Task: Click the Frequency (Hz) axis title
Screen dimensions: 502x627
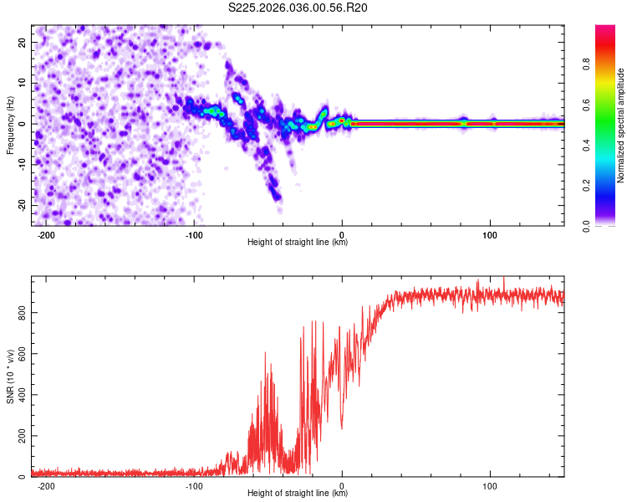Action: tap(10, 125)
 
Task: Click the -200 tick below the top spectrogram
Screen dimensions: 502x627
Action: tap(47, 235)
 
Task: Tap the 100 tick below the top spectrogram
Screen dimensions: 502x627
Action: tap(491, 235)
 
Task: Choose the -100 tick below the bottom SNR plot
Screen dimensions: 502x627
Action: tap(195, 486)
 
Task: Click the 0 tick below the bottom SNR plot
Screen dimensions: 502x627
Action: tap(343, 486)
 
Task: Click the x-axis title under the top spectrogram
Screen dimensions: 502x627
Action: tap(298, 243)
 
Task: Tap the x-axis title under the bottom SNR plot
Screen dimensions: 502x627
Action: tap(298, 494)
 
